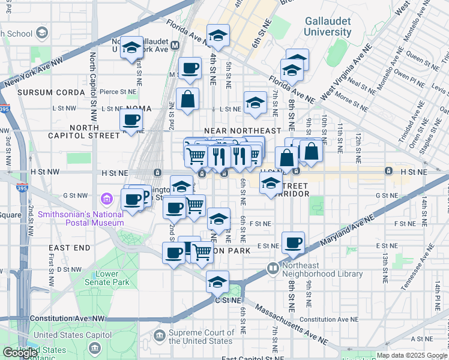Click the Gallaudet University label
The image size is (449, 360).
coord(327,26)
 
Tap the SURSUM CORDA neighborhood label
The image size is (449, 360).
coord(51,92)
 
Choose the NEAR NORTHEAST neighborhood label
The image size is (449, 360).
coord(243,130)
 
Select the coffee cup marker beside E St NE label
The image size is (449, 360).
coord(293,243)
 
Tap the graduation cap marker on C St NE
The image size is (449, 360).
coord(217,281)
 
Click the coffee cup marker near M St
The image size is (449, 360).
coord(190,68)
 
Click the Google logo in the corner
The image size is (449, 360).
coord(20,353)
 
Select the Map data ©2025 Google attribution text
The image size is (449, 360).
coord(411,355)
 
